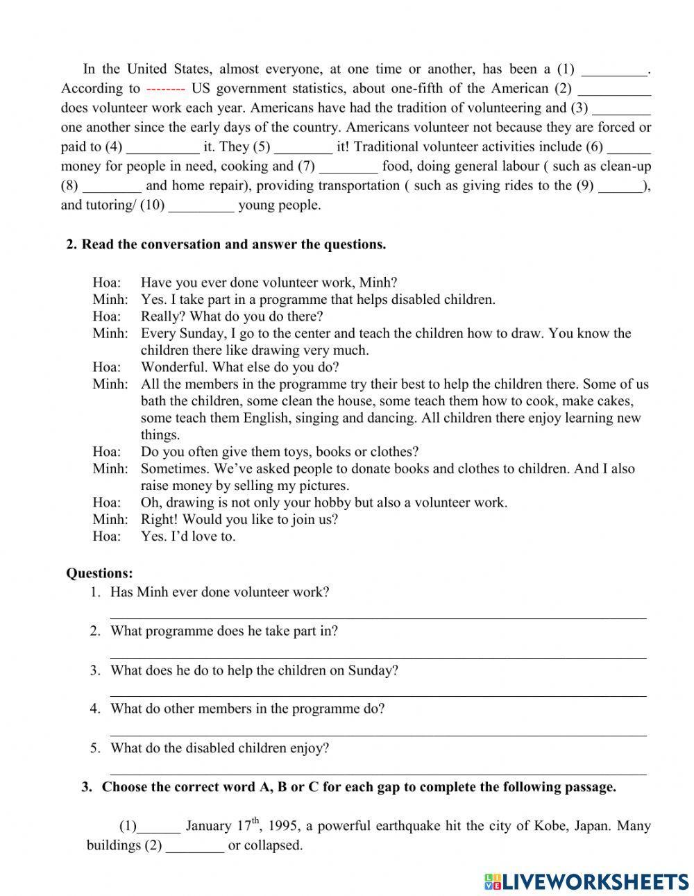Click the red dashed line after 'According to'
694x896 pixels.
tap(165, 89)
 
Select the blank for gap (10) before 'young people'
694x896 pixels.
tap(201, 206)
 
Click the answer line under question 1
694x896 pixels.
tap(378, 616)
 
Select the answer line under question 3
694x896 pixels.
tap(378, 694)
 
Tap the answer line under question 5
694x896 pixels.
tap(378, 772)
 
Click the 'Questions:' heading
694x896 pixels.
tap(99, 573)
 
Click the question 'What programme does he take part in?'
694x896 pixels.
tap(224, 631)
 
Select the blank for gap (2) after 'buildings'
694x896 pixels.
tap(195, 847)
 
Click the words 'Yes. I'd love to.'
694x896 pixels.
tap(188, 536)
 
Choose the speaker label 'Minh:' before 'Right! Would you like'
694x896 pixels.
tap(110, 519)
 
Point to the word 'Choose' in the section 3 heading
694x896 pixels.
tap(125, 787)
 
